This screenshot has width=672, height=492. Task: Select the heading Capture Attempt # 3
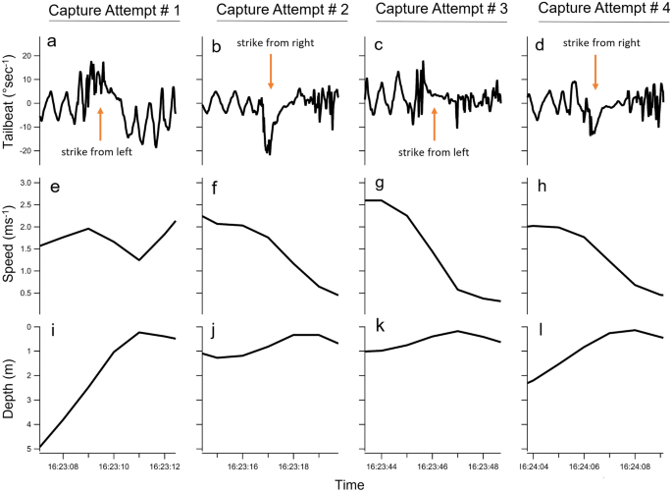click(x=433, y=11)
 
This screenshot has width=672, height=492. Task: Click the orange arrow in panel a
click(x=100, y=126)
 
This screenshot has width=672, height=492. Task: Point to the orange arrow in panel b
click(x=270, y=75)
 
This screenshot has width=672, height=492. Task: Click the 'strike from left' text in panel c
click(x=433, y=151)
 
